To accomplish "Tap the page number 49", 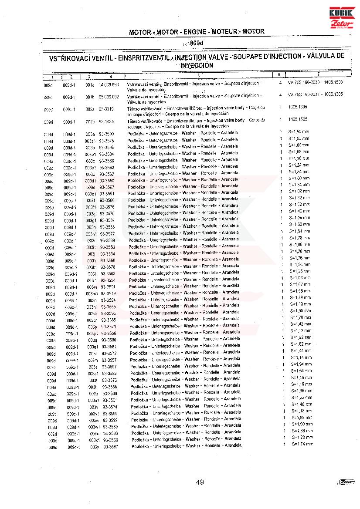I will tap(200, 482).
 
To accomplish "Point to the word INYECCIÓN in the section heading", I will tap(197, 65).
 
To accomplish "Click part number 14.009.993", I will tap(109, 84).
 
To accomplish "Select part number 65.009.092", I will tap(109, 97).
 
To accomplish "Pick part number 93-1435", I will tap(107, 122).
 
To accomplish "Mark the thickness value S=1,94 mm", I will tap(300, 364).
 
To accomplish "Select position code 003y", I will tap(95, 447).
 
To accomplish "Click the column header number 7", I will tap(319, 75).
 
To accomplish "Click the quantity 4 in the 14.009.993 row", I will tap(280, 82).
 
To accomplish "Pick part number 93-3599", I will tap(110, 420).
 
